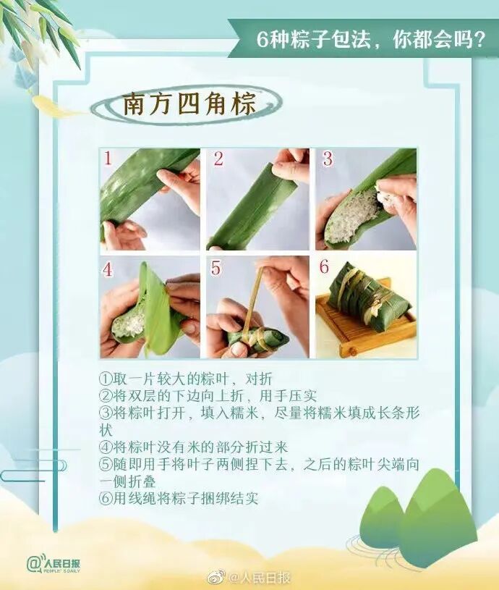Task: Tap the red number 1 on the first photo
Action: pos(108,159)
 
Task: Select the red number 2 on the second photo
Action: pos(218,159)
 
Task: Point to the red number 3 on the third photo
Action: pos(328,159)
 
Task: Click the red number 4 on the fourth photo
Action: pos(108,269)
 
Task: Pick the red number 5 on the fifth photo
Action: pos(216,268)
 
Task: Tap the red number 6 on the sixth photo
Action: pos(324,266)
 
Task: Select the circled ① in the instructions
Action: pos(106,379)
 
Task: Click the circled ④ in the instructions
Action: pos(106,447)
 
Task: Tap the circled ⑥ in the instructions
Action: pos(106,499)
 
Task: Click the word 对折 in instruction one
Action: pos(258,379)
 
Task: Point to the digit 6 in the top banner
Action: pos(262,39)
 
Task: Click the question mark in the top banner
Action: pos(478,39)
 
